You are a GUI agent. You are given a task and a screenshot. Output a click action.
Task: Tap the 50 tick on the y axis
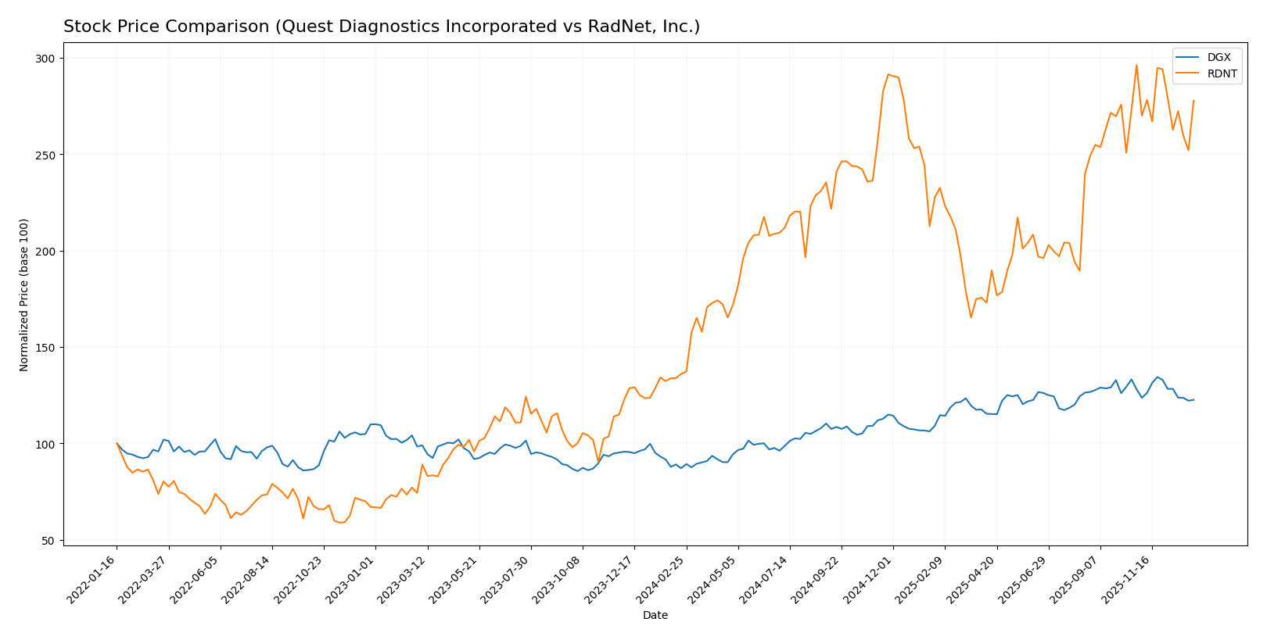48,541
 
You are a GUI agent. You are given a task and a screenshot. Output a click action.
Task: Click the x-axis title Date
655,616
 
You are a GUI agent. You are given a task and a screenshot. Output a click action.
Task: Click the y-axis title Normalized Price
24,295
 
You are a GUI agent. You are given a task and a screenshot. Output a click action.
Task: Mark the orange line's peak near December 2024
888,74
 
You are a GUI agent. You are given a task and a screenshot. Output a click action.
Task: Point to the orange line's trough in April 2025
971,317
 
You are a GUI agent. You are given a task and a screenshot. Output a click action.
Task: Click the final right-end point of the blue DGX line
1193,400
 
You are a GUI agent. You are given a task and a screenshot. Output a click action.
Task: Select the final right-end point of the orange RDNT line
1193,100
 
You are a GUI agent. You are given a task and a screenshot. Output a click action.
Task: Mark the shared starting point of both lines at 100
117,443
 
